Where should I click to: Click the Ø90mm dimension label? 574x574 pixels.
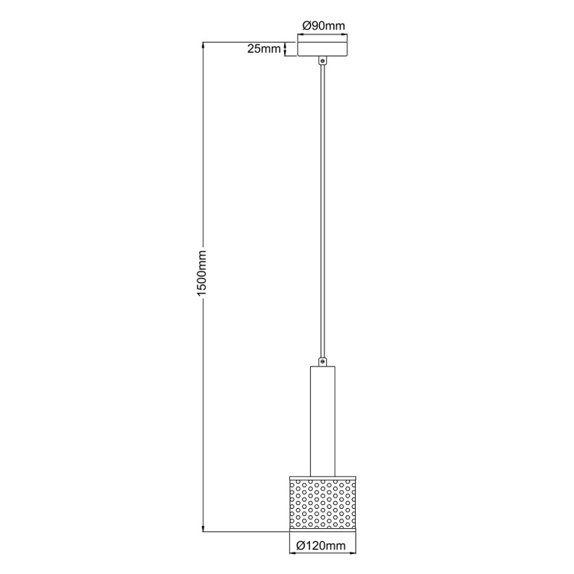click(x=322, y=25)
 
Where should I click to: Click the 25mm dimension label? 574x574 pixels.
click(x=264, y=49)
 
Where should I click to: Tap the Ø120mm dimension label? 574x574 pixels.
click(x=322, y=545)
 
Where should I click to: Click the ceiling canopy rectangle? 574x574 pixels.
click(x=322, y=48)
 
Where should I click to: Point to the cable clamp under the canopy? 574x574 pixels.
click(x=323, y=61)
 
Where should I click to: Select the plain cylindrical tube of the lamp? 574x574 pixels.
click(x=322, y=417)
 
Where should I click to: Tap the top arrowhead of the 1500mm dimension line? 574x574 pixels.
click(x=203, y=44)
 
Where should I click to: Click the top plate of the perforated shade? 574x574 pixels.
click(x=322, y=473)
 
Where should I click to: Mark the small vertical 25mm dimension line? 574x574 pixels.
click(x=286, y=49)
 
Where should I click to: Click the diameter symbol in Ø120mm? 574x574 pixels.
click(x=300, y=545)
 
